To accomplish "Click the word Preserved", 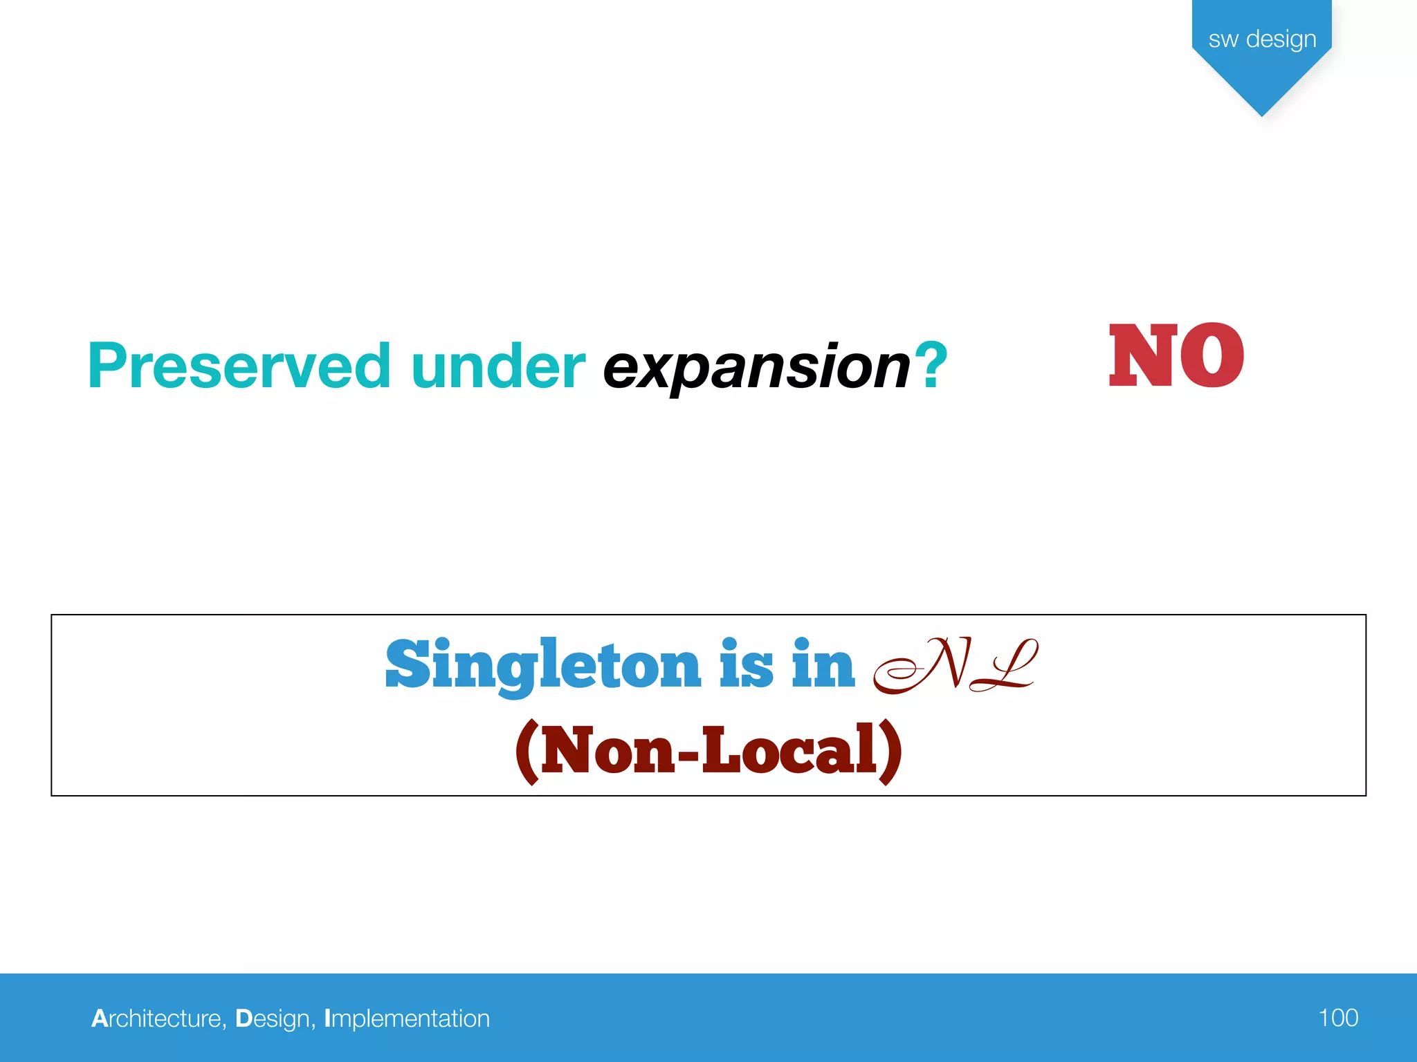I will pos(239,366).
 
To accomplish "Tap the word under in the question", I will pos(497,366).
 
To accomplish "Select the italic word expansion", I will pos(756,368).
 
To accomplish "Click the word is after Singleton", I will pos(746,665).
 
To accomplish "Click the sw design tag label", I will pos(1262,39).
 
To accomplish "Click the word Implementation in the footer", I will pos(407,1018).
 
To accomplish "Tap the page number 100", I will pos(1337,1018).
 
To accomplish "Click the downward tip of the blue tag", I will pos(1262,111).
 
